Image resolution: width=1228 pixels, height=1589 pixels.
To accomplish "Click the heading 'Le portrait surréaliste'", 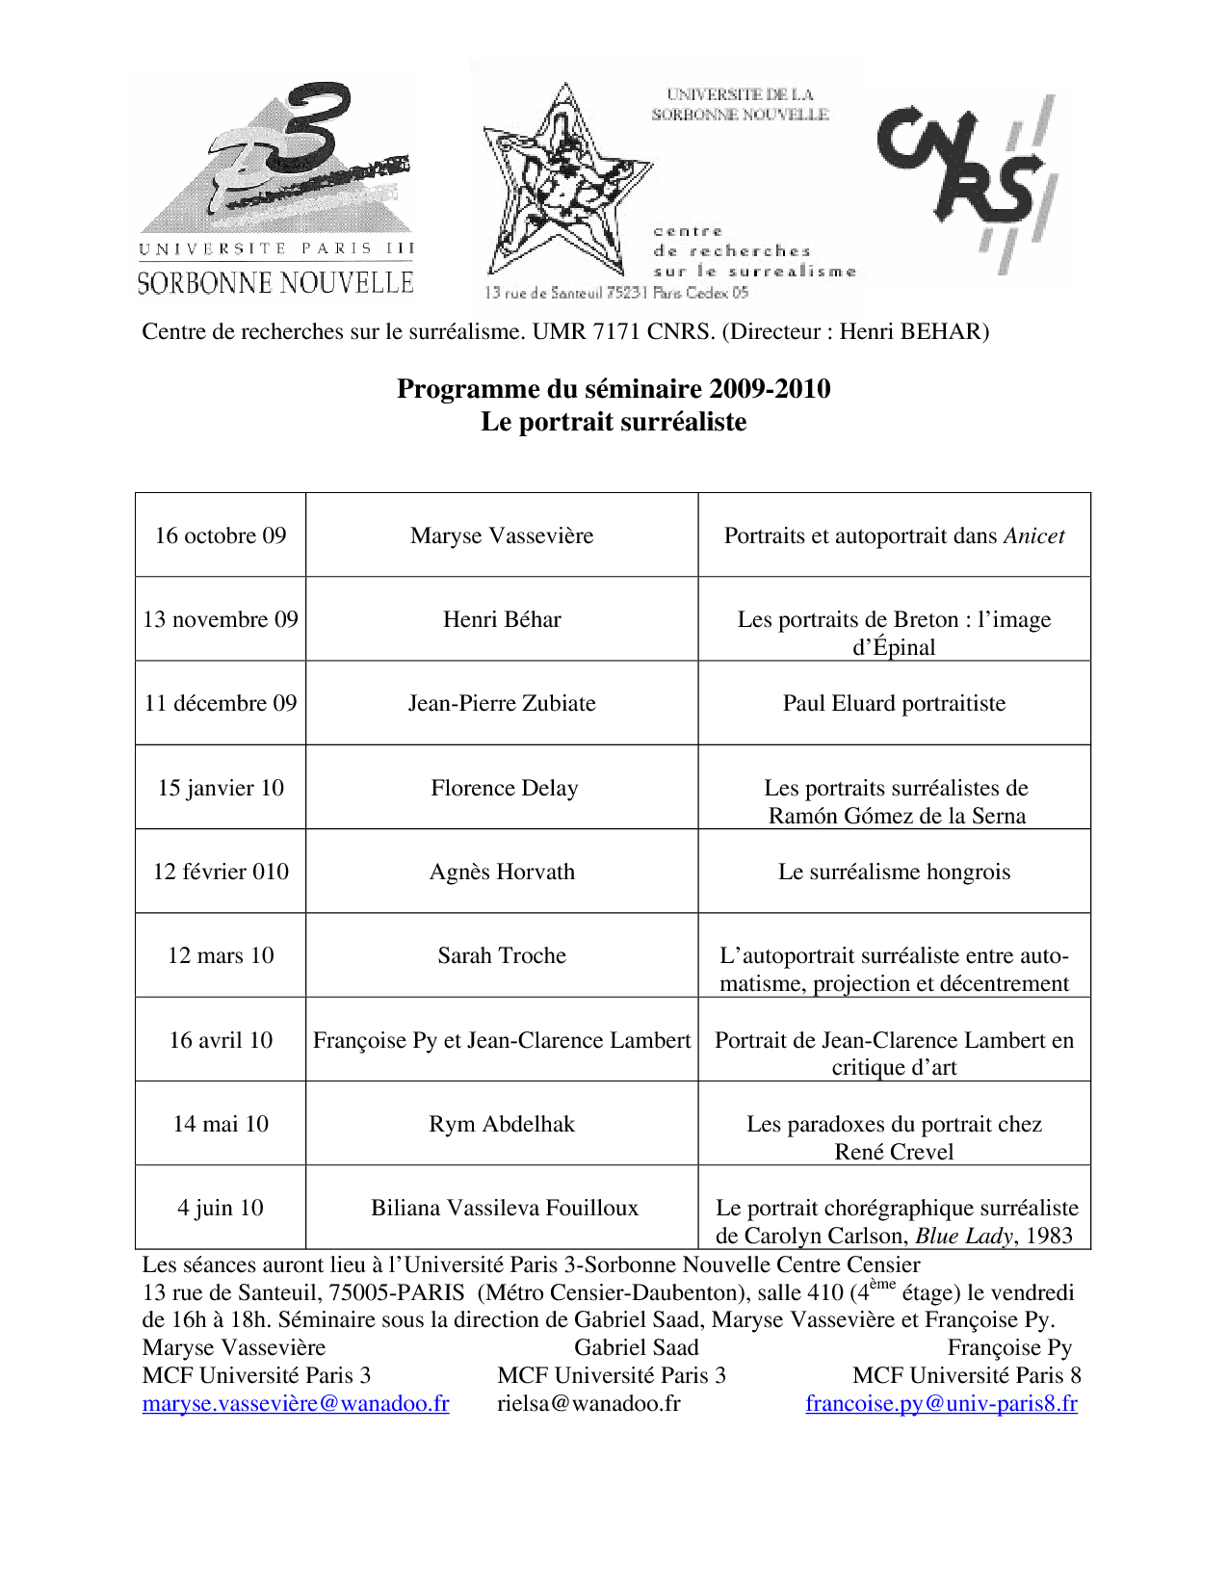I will (x=614, y=422).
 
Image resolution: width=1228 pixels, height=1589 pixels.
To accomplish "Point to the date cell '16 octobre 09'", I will (x=221, y=535).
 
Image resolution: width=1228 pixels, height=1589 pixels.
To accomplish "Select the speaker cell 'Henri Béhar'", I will (x=502, y=619).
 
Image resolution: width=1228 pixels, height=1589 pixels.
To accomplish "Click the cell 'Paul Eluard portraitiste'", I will (x=894, y=703).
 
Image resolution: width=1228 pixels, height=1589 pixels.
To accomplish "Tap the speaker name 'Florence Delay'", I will (x=504, y=788).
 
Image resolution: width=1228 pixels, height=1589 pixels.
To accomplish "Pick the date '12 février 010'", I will (x=221, y=872).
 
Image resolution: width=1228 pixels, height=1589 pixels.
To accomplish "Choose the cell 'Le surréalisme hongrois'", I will (x=894, y=872).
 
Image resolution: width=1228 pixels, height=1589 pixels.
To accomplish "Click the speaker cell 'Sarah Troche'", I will (x=502, y=955).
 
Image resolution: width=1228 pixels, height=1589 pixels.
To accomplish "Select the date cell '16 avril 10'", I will (x=221, y=1040).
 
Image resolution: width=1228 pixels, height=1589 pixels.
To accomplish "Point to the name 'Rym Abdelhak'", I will (x=502, y=1124).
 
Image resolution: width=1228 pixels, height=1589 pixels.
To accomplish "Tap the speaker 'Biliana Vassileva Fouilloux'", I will (x=505, y=1208).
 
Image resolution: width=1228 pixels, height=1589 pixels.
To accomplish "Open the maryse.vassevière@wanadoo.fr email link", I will (x=296, y=1403).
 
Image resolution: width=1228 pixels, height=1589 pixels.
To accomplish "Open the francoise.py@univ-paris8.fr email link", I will (x=941, y=1403).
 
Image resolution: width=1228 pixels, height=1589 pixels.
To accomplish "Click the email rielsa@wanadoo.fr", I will (x=588, y=1403).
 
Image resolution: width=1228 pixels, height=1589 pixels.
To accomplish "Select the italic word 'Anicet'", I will (x=1034, y=535).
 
